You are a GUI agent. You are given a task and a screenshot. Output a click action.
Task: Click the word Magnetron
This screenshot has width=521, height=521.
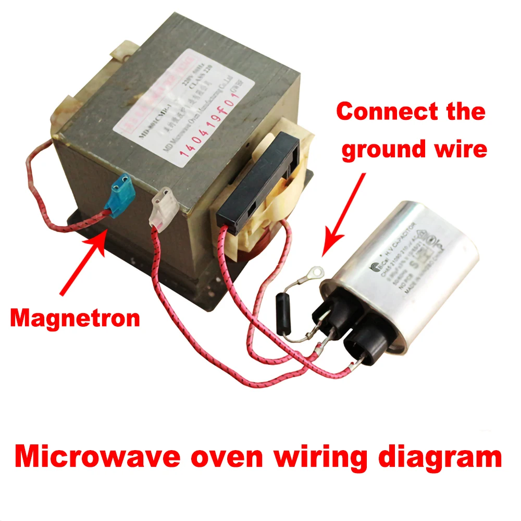click(x=75, y=317)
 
